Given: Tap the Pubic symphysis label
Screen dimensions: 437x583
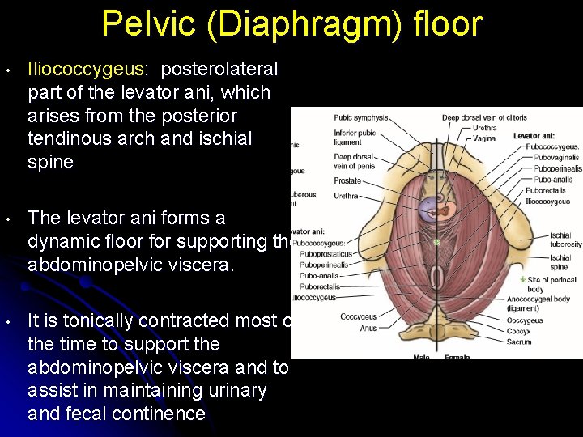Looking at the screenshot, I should click(x=360, y=118).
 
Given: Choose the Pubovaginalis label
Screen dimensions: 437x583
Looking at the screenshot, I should click(x=552, y=158).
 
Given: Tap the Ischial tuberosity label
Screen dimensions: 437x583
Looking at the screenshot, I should click(x=565, y=240).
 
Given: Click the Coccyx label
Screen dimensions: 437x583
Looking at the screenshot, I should click(x=519, y=332).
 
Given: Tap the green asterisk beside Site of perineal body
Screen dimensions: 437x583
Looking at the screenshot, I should click(x=522, y=279).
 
